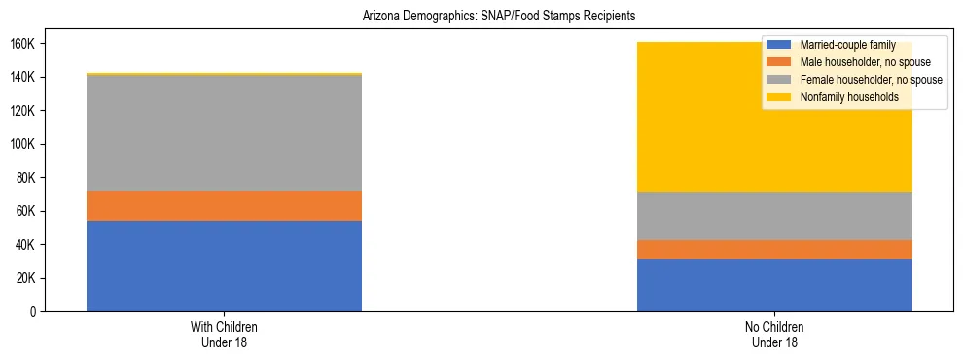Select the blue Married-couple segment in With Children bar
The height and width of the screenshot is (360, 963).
pos(224,266)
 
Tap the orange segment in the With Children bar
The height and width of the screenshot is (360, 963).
pos(224,205)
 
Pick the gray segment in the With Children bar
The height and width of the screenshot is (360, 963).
pos(224,132)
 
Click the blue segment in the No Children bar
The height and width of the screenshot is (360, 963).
pos(774,285)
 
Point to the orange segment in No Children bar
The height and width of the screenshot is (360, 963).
pos(774,249)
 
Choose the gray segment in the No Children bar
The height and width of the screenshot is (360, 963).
pos(774,216)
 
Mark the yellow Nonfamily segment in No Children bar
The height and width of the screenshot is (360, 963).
pos(681,117)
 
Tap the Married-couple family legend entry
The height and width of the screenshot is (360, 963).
pos(847,45)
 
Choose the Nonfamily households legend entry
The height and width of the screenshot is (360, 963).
pos(849,97)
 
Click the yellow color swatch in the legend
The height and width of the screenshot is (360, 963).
pos(779,97)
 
